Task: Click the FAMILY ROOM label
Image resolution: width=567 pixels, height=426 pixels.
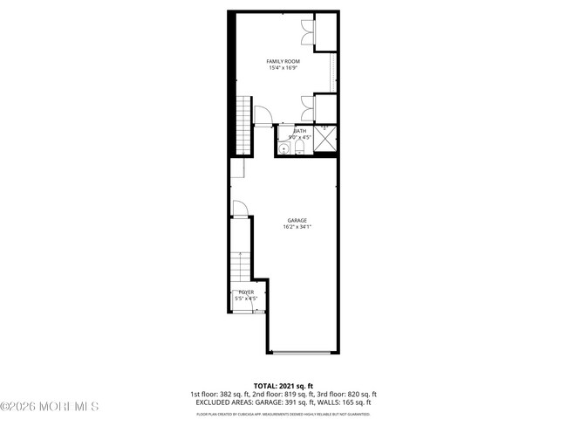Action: coord(283,60)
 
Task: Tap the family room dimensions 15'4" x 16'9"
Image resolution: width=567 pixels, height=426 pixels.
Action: coord(283,67)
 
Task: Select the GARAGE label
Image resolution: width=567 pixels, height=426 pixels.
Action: coord(297,220)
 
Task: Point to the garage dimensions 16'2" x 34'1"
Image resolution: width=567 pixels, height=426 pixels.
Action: coord(297,227)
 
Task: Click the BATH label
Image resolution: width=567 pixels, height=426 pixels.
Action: coord(300,131)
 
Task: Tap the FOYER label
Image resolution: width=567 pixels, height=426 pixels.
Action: coord(247,292)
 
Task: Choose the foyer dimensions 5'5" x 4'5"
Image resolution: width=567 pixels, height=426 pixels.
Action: coord(247,299)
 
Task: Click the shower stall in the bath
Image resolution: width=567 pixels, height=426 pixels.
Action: coord(325,138)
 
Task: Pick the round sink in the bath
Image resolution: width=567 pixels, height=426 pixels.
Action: coord(283,149)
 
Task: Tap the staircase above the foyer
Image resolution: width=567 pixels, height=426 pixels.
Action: coord(242,265)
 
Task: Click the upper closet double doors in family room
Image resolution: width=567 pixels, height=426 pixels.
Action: coord(307,32)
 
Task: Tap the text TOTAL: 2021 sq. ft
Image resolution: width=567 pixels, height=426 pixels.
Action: coord(283,385)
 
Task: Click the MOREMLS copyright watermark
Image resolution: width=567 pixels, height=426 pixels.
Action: coord(51,407)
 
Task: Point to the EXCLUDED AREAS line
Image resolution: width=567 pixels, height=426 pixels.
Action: coord(283,402)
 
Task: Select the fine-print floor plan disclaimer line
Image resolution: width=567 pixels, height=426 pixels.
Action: coord(283,412)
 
